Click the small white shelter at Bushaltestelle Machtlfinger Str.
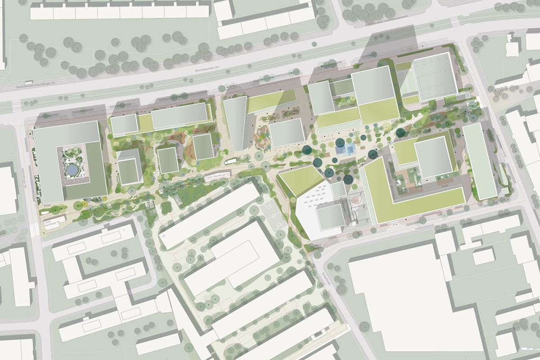tap(30, 83)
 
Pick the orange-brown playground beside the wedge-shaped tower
tap(261, 137)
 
